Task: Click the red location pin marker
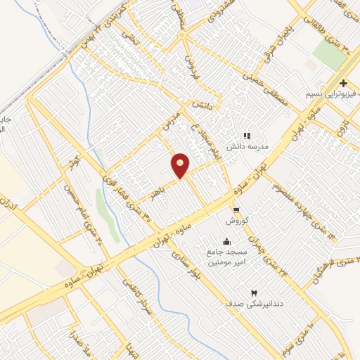[x=181, y=165]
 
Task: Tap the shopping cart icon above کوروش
[x=237, y=210]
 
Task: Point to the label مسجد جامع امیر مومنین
[x=224, y=256]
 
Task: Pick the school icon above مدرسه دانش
[x=246, y=136]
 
